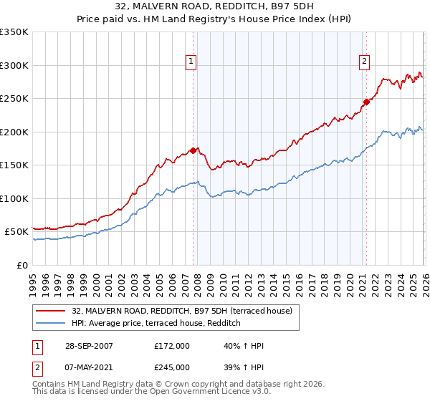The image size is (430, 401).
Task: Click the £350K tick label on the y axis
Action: tap(14, 32)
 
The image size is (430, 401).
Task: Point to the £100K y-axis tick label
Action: tap(14, 198)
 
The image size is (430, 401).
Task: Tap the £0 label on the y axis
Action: tap(21, 265)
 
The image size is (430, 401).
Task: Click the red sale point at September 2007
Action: tap(193, 150)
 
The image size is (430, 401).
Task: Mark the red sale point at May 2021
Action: tap(365, 102)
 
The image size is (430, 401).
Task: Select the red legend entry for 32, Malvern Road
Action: tap(182, 311)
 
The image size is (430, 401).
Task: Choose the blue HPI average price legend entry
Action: tap(156, 324)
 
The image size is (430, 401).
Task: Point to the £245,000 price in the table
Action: tap(172, 367)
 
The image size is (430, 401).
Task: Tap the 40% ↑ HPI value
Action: tap(244, 346)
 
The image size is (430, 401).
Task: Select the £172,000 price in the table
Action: tap(172, 346)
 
